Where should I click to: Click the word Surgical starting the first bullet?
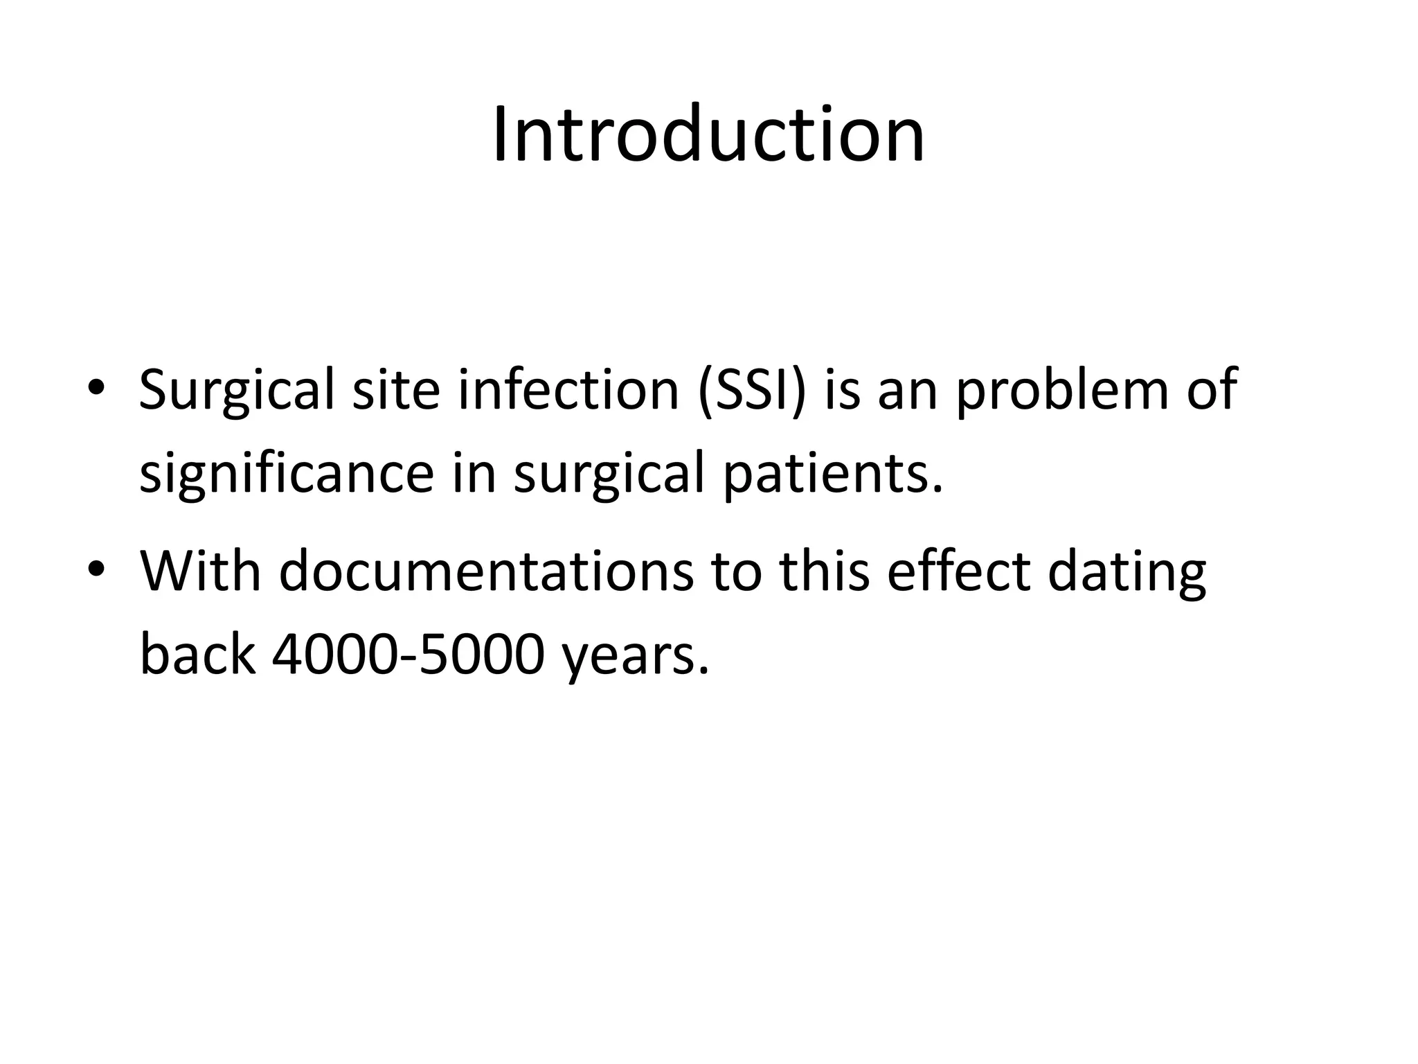236,391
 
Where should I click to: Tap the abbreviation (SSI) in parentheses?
753,391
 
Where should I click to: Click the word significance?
287,474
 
